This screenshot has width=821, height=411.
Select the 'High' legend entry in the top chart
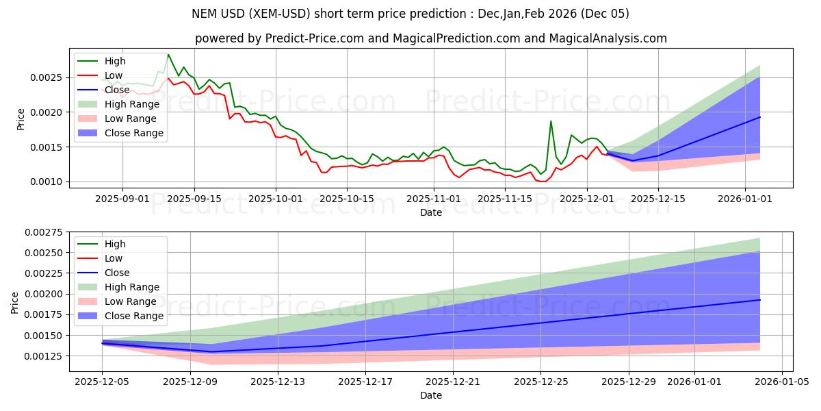(x=116, y=61)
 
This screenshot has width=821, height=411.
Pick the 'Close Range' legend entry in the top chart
(x=134, y=133)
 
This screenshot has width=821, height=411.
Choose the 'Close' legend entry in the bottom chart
(x=118, y=273)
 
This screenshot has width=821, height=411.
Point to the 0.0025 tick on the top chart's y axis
(x=47, y=77)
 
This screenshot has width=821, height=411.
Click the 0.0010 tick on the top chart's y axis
(x=47, y=182)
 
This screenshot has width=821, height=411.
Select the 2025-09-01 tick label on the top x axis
(x=122, y=199)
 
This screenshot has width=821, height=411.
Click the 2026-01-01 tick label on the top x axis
(x=745, y=199)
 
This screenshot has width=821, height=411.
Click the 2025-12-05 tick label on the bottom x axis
(x=102, y=382)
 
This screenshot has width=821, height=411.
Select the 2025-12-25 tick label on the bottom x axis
(x=540, y=382)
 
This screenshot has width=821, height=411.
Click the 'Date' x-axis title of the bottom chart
(x=430, y=395)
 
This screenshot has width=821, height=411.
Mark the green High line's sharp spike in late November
(x=551, y=121)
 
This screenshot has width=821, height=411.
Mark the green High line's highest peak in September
(x=168, y=55)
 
